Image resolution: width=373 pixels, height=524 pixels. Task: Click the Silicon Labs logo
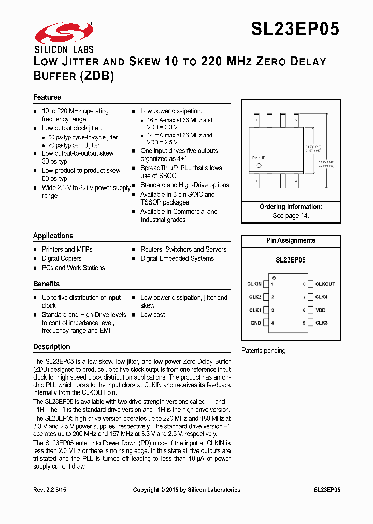tap(64, 36)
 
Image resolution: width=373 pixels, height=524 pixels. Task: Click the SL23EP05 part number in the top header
tap(295, 29)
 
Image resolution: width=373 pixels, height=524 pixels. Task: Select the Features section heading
tap(47, 97)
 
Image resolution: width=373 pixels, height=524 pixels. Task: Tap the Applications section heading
tap(53, 236)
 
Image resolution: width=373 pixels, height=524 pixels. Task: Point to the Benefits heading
tap(46, 284)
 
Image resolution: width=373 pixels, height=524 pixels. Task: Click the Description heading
tap(51, 347)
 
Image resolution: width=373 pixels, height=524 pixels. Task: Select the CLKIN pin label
tap(254, 284)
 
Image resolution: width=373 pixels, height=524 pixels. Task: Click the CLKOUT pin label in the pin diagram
tap(325, 284)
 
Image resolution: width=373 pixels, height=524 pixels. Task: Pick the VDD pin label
tap(321, 310)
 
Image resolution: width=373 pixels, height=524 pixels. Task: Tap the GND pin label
tap(256, 323)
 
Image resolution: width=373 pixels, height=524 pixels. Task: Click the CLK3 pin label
tap(321, 323)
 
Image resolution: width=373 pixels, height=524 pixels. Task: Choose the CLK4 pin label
tap(321, 297)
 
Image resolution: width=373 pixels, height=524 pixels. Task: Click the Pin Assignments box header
tap(291, 241)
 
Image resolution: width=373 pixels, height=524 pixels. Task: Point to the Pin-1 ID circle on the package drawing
tap(259, 166)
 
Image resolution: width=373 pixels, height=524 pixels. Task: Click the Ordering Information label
tap(291, 207)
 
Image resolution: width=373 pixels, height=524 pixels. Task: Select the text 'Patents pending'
tap(264, 351)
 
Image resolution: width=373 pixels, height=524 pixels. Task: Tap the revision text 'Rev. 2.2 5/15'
tap(50, 490)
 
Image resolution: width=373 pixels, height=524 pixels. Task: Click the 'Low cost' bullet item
tap(152, 315)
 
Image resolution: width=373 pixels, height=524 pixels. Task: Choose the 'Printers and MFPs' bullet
tap(67, 249)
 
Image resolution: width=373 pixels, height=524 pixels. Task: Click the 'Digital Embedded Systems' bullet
tap(177, 258)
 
